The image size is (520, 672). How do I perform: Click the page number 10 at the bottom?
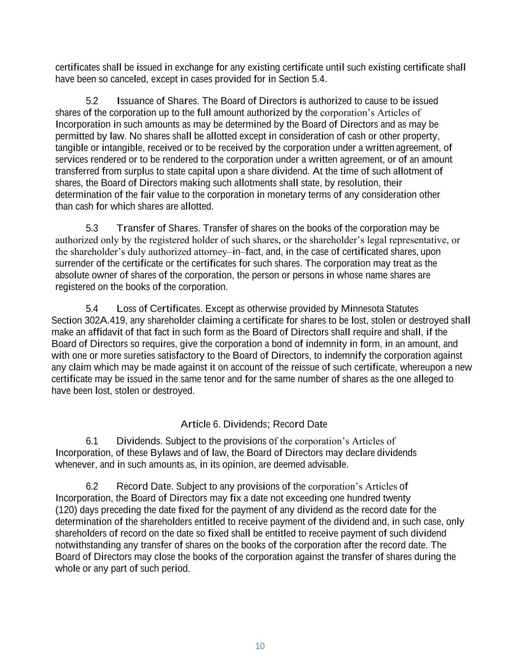[260, 646]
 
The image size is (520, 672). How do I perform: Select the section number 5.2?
[92, 101]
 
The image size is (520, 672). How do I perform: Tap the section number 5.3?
[92, 228]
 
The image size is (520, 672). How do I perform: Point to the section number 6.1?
[92, 441]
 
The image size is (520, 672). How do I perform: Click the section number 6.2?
[92, 486]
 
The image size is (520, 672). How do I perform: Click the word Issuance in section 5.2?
[136, 101]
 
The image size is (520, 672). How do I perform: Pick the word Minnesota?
[362, 309]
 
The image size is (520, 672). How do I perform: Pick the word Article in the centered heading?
[195, 424]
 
